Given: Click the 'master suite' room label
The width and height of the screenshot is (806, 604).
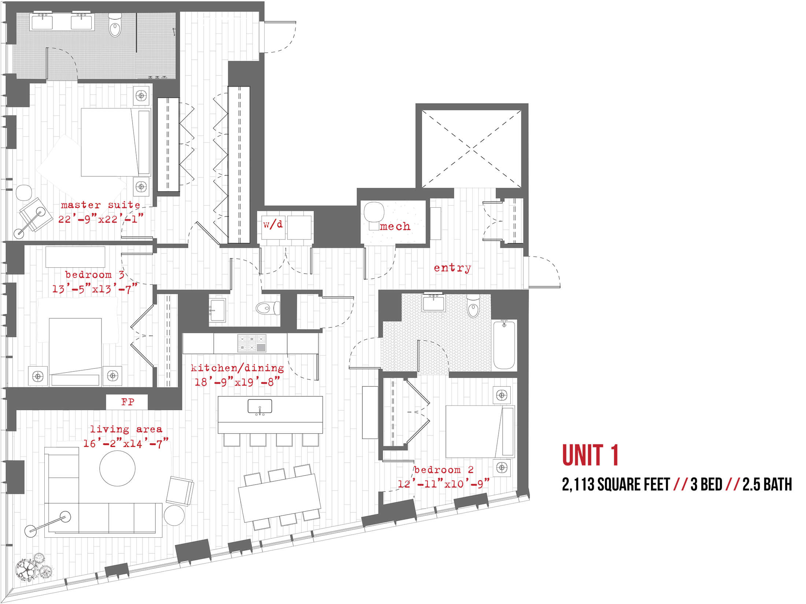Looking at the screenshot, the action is (100, 205).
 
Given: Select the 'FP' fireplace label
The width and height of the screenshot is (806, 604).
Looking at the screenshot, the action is (127, 402).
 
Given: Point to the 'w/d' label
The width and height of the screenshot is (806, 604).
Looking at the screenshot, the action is (273, 224).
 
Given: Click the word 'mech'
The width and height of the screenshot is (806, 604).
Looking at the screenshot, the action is (395, 226).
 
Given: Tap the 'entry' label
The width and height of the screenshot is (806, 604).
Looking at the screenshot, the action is (452, 268).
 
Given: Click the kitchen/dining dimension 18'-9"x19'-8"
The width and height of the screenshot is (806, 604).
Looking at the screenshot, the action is (237, 382).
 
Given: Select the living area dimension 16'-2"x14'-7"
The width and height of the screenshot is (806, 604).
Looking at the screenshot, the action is (126, 444).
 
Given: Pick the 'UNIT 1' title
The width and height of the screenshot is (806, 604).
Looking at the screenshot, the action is (590, 455).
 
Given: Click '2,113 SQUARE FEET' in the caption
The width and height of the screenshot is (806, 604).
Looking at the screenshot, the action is (616, 485).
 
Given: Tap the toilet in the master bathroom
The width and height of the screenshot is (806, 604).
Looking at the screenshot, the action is (115, 25).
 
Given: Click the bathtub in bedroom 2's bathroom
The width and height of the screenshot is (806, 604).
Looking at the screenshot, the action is (504, 344).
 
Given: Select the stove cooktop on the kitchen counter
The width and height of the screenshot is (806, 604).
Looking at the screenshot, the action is (251, 343).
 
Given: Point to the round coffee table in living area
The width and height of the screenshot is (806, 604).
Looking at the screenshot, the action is (117, 468).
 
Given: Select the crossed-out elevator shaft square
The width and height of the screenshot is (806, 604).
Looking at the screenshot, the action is (472, 149).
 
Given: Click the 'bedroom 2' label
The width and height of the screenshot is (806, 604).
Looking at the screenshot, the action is (444, 470).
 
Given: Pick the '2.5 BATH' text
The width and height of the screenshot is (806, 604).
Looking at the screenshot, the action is (767, 485).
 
